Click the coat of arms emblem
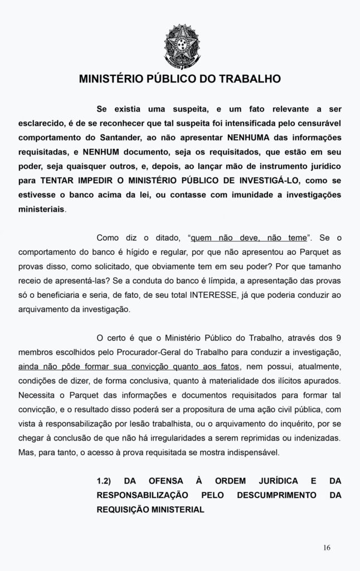[x=180, y=46]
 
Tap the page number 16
[x=327, y=547]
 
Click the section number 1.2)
[x=106, y=481]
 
